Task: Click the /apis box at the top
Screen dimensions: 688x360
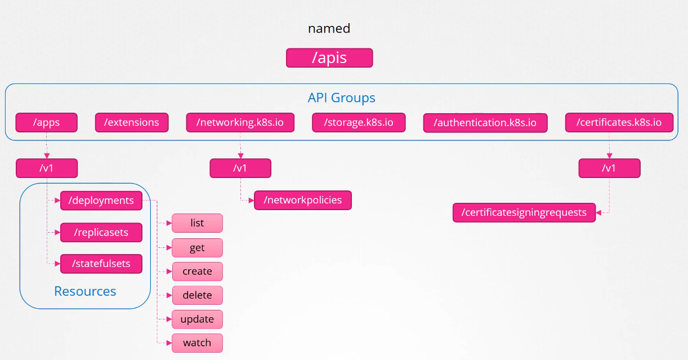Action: pyautogui.click(x=329, y=58)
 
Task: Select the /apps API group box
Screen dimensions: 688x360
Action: pyautogui.click(x=46, y=122)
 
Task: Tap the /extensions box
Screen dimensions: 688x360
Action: pyautogui.click(x=132, y=122)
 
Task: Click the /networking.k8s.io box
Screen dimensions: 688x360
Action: pyautogui.click(x=240, y=122)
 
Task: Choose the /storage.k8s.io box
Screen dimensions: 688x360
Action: pyautogui.click(x=359, y=122)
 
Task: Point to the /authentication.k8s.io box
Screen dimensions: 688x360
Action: pyautogui.click(x=485, y=123)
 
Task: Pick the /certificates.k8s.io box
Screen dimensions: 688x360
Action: pyautogui.click(x=619, y=122)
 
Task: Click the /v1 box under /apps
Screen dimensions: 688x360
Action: pyautogui.click(x=47, y=168)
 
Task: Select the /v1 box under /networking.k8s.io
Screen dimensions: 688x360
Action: pyautogui.click(x=240, y=168)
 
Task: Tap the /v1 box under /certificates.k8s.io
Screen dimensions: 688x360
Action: pyautogui.click(x=609, y=168)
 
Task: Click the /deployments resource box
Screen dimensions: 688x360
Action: pyautogui.click(x=101, y=201)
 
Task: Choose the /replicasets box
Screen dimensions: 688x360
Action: pyautogui.click(x=101, y=233)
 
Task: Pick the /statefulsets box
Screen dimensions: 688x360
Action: pyautogui.click(x=101, y=264)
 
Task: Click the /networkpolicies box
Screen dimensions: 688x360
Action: pyautogui.click(x=303, y=200)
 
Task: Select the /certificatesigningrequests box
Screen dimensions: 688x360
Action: pyautogui.click(x=524, y=212)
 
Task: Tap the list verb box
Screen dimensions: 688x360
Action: pyautogui.click(x=197, y=223)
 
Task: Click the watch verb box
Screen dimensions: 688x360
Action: pyautogui.click(x=197, y=343)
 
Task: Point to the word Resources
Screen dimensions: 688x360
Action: pyautogui.click(x=85, y=291)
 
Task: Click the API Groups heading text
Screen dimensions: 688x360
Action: pyautogui.click(x=342, y=98)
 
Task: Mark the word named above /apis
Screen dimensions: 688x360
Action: pyautogui.click(x=329, y=28)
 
